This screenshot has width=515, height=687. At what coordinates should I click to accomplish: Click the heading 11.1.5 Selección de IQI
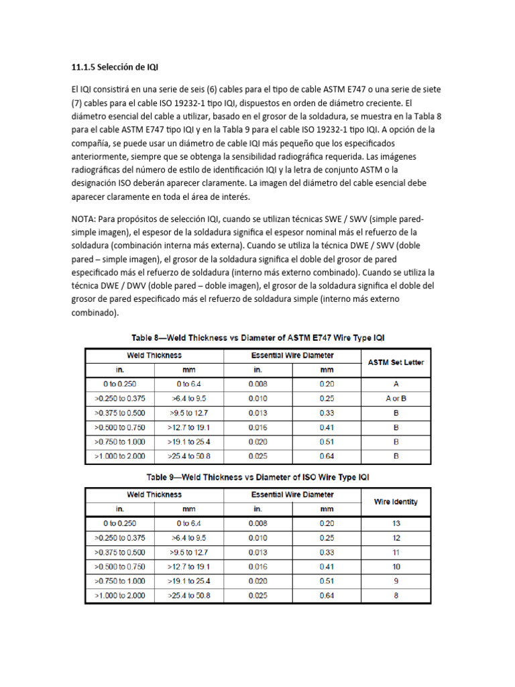pos(115,67)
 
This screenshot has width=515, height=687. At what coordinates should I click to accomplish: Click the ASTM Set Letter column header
pos(396,362)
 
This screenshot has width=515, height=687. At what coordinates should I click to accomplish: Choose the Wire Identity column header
pos(396,501)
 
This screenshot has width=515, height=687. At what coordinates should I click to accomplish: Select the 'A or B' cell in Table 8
pos(396,399)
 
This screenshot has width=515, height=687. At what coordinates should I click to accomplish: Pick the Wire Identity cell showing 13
pos(396,523)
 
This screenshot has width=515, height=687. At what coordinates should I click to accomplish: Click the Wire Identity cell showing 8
pos(396,595)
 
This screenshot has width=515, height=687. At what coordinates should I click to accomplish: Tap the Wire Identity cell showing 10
pos(396,566)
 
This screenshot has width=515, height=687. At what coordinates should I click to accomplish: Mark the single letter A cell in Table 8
pos(396,384)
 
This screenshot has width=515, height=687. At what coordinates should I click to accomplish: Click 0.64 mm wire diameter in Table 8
pos(327,456)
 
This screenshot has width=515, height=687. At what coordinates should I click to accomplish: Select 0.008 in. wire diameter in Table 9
pos(257,523)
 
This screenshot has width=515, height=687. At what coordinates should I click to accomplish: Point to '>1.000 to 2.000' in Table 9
pos(119,595)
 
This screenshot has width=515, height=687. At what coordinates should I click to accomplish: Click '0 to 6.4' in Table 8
pos(188,384)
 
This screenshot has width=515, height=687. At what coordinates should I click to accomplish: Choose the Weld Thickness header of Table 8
pos(154,356)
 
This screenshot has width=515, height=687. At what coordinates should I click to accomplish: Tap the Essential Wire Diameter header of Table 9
pos(292,494)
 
